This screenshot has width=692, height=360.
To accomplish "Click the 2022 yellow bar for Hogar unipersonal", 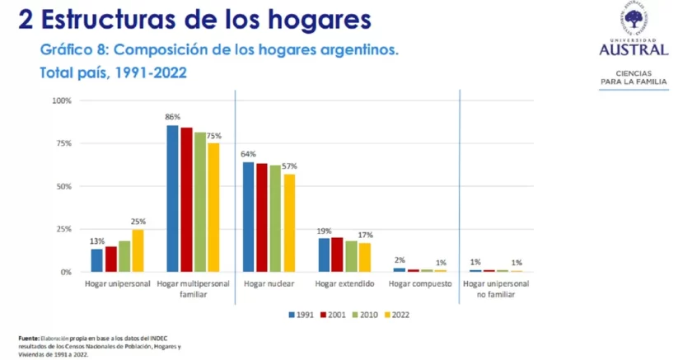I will [138, 250].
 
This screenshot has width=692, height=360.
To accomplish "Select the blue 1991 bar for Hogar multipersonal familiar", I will [172, 199].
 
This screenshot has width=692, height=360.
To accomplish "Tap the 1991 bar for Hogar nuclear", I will [248, 217].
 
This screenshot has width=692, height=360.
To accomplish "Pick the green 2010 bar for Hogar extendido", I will [352, 256].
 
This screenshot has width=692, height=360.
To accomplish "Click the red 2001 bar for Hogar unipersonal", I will [110, 259].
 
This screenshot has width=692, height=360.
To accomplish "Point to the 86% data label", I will [172, 117].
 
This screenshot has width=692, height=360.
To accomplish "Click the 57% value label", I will [289, 166].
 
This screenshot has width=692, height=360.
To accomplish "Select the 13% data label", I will [97, 241].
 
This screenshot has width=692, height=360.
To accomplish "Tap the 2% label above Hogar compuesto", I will [400, 259].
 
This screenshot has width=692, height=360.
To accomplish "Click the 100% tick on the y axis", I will [63, 101].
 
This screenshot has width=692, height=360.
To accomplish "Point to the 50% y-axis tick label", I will [64, 186].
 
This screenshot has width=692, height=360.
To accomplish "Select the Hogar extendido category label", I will [344, 283].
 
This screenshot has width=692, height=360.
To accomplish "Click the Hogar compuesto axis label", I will [420, 283].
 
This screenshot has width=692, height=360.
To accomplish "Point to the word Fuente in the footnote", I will [29, 339].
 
